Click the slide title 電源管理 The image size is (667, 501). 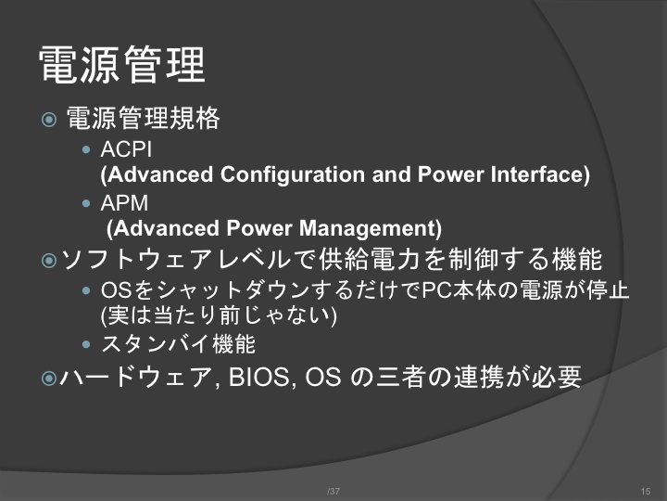tap(122, 65)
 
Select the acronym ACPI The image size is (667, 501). tap(126, 149)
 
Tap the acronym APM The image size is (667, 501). tap(124, 203)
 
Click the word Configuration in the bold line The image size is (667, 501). tap(293, 174)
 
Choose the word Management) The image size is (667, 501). tap(370, 228)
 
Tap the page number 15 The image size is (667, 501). tap(646, 491)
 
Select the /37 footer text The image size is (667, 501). tap(333, 491)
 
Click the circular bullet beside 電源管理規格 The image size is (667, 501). tap(49, 119)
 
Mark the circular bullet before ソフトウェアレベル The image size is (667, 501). tap(49, 261)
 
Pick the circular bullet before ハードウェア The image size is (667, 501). tap(49, 378)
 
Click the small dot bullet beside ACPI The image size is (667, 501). tap(86, 149)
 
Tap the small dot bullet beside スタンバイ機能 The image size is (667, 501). tap(86, 344)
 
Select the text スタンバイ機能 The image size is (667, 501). tap(178, 344)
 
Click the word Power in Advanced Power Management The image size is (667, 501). tap(259, 228)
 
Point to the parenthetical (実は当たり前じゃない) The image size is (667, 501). tap(219, 316)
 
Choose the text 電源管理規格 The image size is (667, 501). tap(143, 118)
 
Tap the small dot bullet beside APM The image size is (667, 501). tap(86, 203)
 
